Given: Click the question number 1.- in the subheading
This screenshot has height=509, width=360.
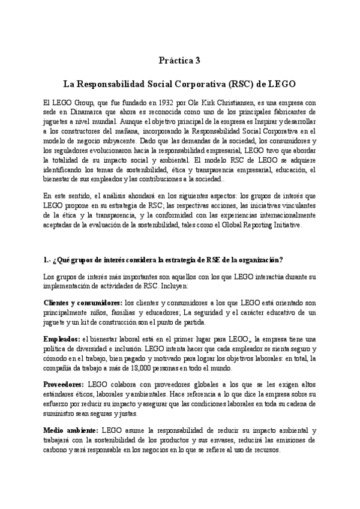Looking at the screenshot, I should (50, 259).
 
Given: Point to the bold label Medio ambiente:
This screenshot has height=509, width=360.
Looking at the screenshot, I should (71, 431).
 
